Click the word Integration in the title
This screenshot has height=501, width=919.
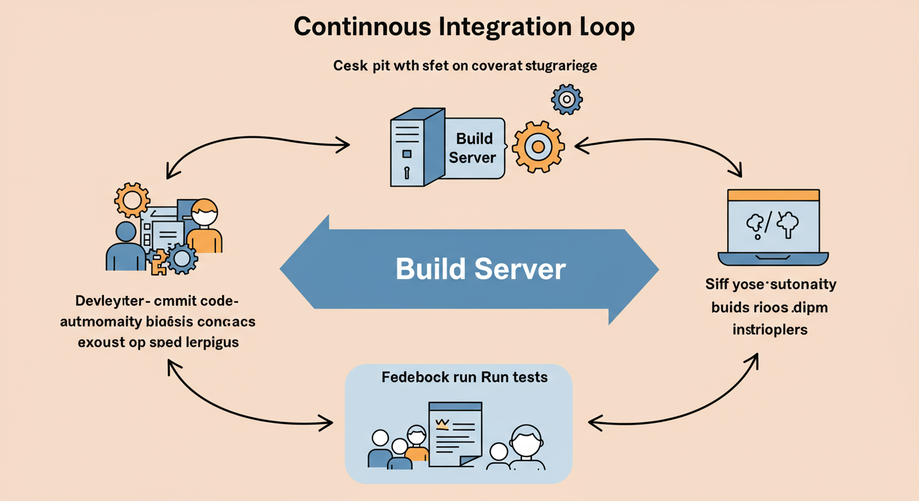coord(499,28)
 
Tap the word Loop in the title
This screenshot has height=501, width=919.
coord(601,28)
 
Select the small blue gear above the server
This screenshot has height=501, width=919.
coord(566,99)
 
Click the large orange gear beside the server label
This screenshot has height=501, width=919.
coord(538,146)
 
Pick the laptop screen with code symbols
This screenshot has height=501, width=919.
coord(773,226)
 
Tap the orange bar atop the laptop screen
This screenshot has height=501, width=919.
coord(773,194)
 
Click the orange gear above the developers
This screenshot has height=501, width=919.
coord(132,200)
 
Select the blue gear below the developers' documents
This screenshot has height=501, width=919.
coord(182,258)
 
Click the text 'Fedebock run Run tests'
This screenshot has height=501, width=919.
coord(464,377)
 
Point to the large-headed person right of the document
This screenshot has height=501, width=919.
coord(526,447)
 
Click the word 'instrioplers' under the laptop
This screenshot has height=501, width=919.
coord(770,329)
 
